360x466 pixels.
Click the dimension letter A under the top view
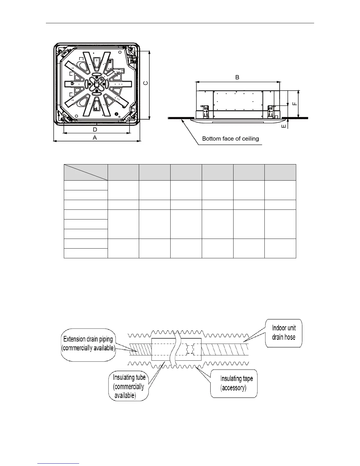95,138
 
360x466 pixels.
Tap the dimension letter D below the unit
95,129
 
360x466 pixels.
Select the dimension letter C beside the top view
145,83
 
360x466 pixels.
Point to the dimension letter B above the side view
237,77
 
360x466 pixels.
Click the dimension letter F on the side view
295,104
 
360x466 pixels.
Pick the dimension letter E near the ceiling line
284,126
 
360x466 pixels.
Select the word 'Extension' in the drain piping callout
75,339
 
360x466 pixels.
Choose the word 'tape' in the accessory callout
247,379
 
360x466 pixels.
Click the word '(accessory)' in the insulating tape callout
234,388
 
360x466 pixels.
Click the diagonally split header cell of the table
86,172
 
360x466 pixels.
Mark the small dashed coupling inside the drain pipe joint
190,350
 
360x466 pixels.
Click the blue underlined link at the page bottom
59,464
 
